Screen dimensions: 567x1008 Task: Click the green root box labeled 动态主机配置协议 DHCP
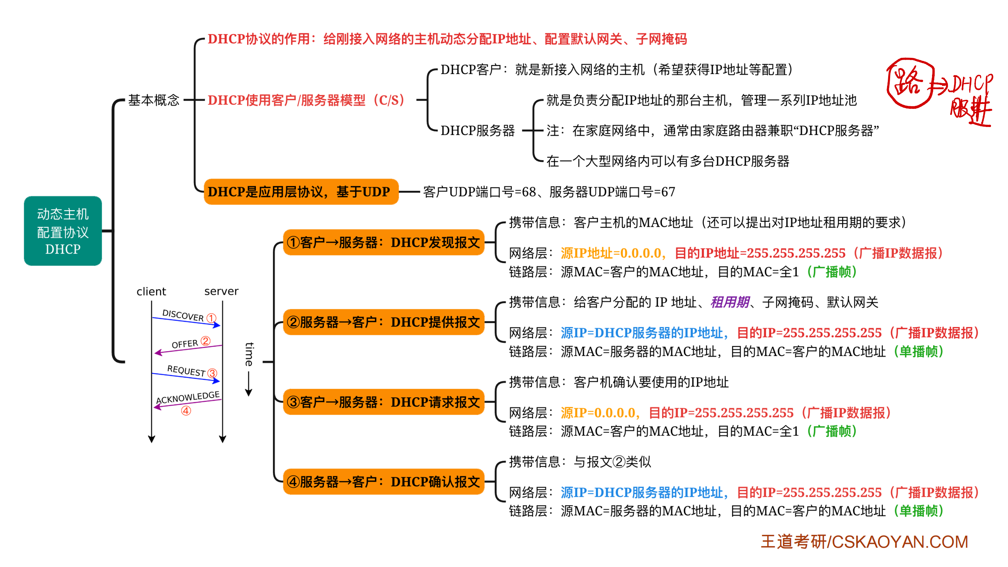click(63, 231)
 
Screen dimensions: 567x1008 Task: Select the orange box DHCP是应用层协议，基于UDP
click(300, 192)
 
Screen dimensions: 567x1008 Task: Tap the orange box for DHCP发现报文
click(384, 243)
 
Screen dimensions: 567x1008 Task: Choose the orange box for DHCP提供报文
click(384, 322)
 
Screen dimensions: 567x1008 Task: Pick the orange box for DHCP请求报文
click(384, 402)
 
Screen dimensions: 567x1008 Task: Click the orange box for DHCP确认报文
click(384, 482)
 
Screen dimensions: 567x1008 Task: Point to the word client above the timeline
click(151, 291)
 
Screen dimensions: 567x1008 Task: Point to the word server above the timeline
click(221, 291)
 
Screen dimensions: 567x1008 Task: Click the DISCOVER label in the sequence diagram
click(183, 315)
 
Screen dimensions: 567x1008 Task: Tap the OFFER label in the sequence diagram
click(185, 344)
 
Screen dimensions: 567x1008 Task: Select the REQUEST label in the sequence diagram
click(186, 370)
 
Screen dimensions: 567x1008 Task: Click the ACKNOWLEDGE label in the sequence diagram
click(188, 397)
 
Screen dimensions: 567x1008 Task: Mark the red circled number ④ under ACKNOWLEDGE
click(186, 411)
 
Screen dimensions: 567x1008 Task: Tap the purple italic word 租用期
click(730, 302)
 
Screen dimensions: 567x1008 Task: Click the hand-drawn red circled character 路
click(910, 83)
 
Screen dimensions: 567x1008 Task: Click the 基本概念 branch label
click(153, 100)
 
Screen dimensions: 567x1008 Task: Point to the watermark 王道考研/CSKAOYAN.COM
click(864, 542)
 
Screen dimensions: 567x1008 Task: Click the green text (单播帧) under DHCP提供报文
click(918, 352)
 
